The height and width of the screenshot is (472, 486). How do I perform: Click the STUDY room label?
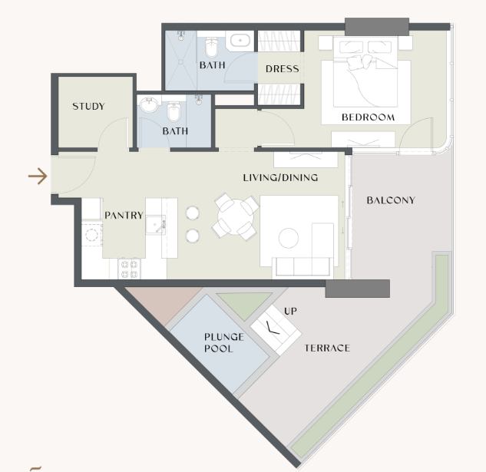tap(88, 107)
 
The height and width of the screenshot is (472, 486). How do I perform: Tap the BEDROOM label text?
tap(369, 117)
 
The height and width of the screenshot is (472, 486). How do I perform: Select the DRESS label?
tap(283, 69)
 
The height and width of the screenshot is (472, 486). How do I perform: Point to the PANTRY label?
tap(124, 215)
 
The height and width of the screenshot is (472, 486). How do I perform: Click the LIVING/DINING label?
tap(280, 177)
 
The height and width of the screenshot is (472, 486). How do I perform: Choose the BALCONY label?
tap(391, 200)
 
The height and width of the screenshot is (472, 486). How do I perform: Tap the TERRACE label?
tap(327, 348)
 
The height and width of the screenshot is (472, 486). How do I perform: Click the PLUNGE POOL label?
tap(223, 342)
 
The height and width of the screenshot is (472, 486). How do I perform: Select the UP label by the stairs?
tap(290, 311)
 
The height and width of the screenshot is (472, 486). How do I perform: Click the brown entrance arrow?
tap(38, 177)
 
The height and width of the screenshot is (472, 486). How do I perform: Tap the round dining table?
tap(236, 216)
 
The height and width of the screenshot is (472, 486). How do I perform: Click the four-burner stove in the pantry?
tap(129, 269)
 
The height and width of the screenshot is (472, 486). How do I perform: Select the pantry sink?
tap(155, 224)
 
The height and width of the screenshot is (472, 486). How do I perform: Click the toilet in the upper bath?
tap(211, 47)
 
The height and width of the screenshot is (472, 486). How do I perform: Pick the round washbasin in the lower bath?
tap(149, 104)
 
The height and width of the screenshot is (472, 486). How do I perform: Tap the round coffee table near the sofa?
tap(289, 238)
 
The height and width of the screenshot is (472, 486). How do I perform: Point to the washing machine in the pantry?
tap(91, 235)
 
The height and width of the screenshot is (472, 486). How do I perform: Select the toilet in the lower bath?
tap(174, 112)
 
